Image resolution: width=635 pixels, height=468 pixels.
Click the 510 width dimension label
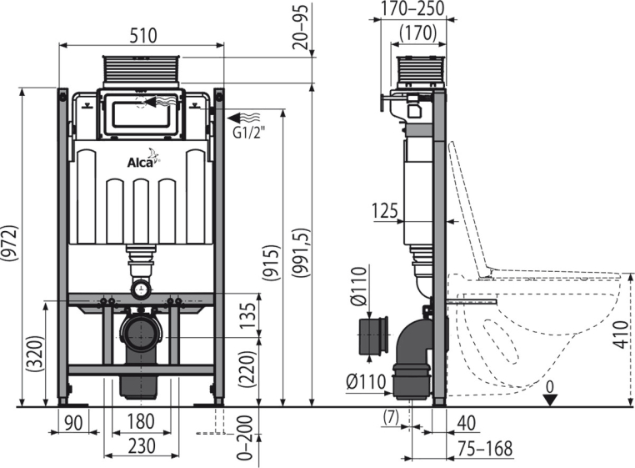[x=143, y=35]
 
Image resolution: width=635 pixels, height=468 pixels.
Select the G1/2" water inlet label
[x=249, y=133]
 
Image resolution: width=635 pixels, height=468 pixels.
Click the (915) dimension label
[x=271, y=263]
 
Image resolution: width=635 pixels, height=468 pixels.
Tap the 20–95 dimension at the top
[x=301, y=27]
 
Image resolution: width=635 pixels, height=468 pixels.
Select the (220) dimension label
[x=247, y=369]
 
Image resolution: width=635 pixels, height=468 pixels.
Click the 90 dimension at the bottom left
[x=73, y=423]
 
